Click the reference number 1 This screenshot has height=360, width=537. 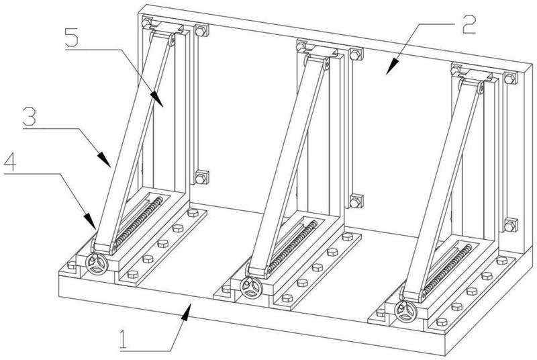click(x=123, y=340)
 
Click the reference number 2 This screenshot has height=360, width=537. click(x=469, y=24)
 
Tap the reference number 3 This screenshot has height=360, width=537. click(x=29, y=116)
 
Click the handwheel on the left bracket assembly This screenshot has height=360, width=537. click(x=96, y=265)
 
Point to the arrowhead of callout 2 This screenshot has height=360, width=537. click(x=393, y=66)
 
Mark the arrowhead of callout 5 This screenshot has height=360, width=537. click(x=157, y=99)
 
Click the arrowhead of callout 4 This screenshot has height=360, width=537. click(x=90, y=221)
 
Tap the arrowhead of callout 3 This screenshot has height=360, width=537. click(x=104, y=159)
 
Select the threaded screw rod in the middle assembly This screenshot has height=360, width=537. click(x=293, y=246)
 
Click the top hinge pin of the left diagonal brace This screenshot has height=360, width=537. click(x=173, y=41)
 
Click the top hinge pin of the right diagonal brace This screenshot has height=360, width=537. click(x=481, y=89)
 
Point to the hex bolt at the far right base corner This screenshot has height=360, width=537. click(x=502, y=260)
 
